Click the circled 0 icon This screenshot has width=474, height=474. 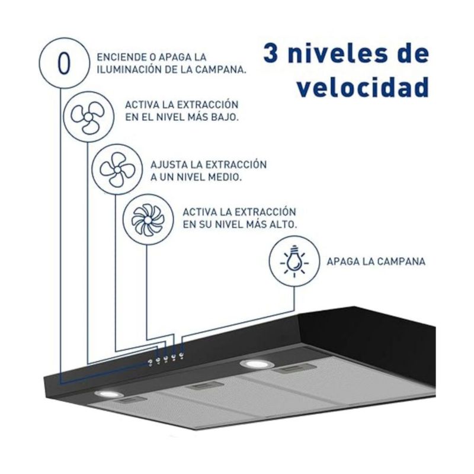coord(64,63)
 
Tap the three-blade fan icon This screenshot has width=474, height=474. coord(88,117)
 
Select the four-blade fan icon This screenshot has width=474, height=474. coord(117,169)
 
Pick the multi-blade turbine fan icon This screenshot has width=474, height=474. coord(148,219)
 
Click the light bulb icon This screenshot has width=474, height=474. coord(294,261)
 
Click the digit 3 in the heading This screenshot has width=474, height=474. coord(271,53)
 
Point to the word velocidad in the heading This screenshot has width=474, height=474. coord(363,87)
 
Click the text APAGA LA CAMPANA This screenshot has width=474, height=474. coord(376,262)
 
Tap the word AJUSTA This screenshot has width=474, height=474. coord(169,165)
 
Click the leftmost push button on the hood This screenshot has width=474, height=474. coord(150,362)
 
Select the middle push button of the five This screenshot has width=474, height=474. coord(165,358)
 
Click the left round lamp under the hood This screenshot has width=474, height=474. coord(108,394)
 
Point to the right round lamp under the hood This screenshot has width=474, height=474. coord(255,364)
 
